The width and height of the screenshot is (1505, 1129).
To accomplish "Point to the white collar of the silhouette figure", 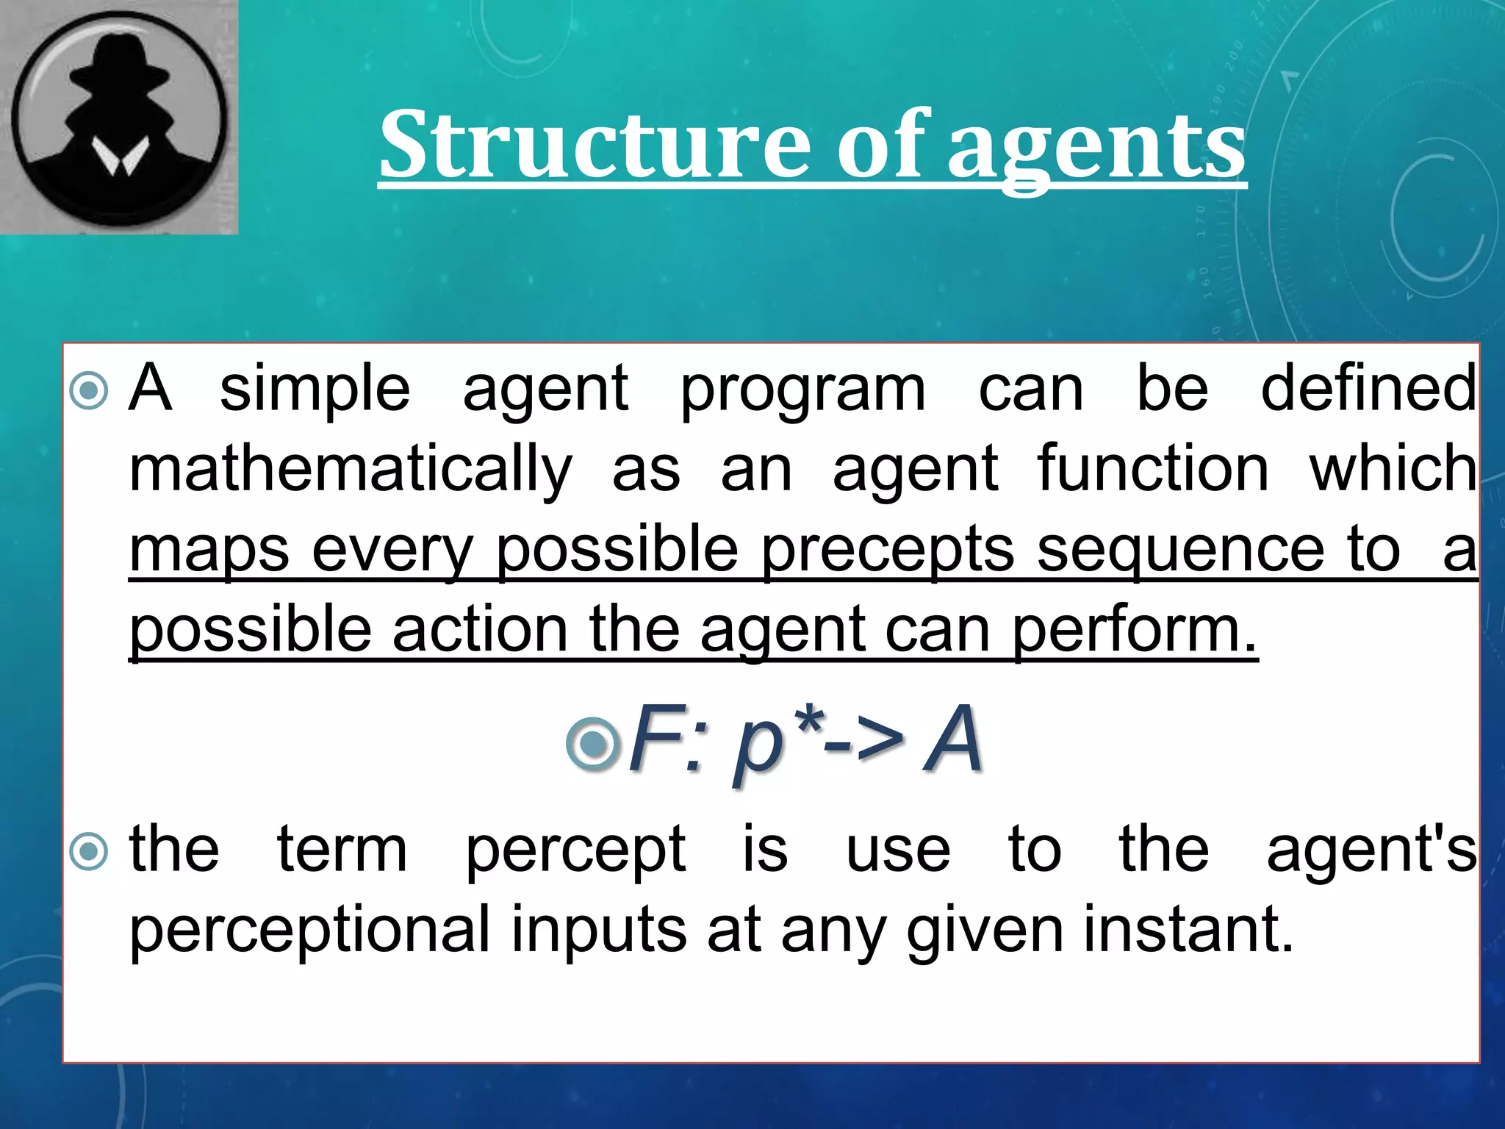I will pyautogui.click(x=119, y=157).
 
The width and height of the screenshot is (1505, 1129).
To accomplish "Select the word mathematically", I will pyautogui.click(x=351, y=470).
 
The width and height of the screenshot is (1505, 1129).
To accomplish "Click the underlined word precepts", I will pyautogui.click(x=887, y=551).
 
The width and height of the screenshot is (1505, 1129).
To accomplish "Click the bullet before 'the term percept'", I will pyautogui.click(x=89, y=852).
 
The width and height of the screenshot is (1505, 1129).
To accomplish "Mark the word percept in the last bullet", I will pyautogui.click(x=576, y=851).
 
